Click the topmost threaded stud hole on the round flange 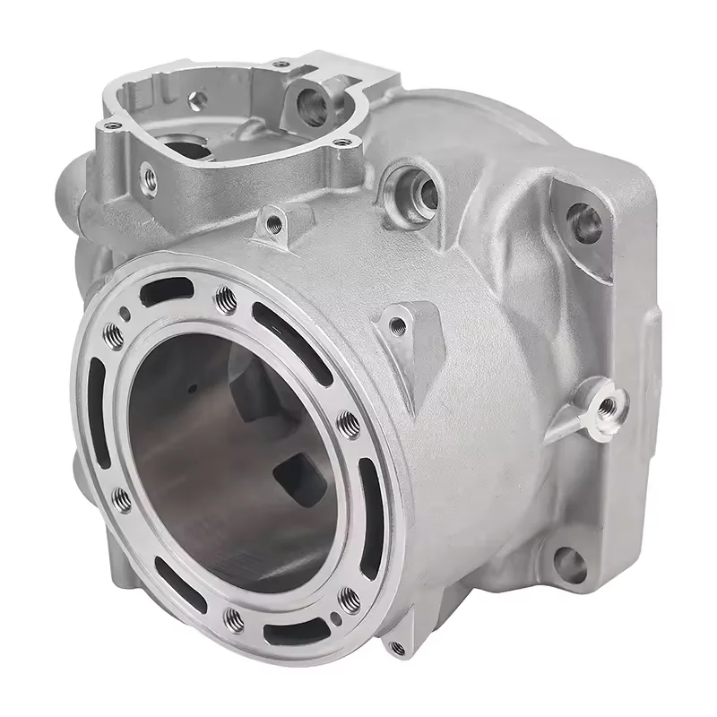click(x=223, y=295)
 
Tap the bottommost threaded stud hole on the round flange click(x=235, y=617)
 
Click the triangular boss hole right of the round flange click(x=398, y=326)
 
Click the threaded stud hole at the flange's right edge click(x=348, y=420)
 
